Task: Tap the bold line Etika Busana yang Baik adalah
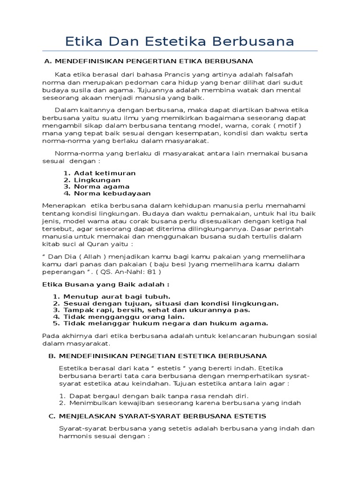coord(106,284)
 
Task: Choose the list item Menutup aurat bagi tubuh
coord(117,296)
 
